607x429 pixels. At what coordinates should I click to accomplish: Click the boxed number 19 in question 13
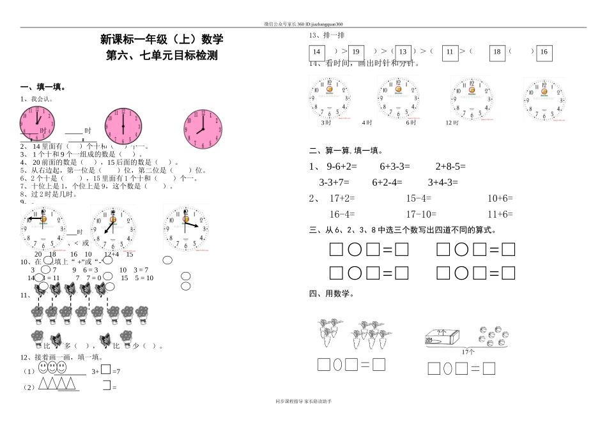pyautogui.click(x=356, y=52)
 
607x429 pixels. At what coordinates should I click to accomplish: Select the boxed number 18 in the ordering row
pyautogui.click(x=497, y=52)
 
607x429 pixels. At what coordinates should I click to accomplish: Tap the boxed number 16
pyautogui.click(x=544, y=52)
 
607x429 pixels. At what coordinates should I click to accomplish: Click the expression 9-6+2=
pyautogui.click(x=342, y=166)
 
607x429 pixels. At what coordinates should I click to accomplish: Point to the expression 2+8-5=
pyautogui.click(x=450, y=166)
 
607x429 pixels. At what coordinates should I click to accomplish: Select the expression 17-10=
pyautogui.click(x=421, y=214)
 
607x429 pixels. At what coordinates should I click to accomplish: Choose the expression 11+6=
pyautogui.click(x=500, y=214)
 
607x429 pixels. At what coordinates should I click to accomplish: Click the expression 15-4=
pyautogui.click(x=419, y=198)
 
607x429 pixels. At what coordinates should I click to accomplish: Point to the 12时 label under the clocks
pyautogui.click(x=452, y=123)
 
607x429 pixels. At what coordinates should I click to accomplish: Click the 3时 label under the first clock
pyautogui.click(x=327, y=123)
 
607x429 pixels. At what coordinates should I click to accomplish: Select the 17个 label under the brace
pyautogui.click(x=468, y=352)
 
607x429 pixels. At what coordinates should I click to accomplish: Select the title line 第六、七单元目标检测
pyautogui.click(x=162, y=56)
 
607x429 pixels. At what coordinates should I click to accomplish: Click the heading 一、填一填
pyautogui.click(x=42, y=87)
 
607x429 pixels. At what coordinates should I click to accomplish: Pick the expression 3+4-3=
pyautogui.click(x=443, y=182)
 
